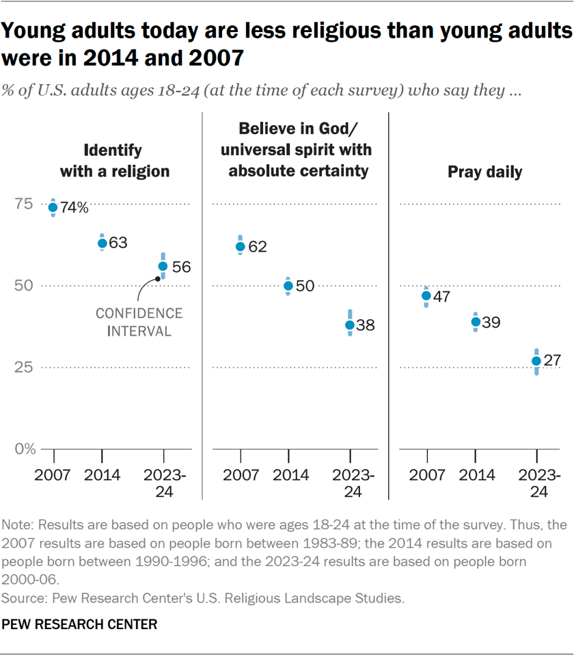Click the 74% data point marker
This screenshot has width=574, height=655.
click(53, 208)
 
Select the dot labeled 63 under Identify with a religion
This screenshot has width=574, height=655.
click(102, 243)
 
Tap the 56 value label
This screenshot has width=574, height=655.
click(181, 266)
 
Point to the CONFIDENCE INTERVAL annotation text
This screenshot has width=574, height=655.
click(139, 322)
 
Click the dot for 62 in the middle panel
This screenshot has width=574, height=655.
click(240, 247)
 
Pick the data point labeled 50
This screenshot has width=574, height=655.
click(288, 286)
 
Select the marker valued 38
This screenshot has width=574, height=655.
click(350, 325)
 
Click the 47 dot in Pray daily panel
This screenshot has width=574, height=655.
click(426, 296)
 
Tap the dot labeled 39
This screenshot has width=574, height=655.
click(476, 321)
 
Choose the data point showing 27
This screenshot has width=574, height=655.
click(536, 361)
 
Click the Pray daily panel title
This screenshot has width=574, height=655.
click(485, 172)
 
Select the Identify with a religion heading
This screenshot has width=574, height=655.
click(115, 160)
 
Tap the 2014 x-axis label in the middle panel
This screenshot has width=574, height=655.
click(288, 474)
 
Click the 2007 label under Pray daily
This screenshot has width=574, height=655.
click(426, 474)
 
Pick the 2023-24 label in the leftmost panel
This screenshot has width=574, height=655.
click(163, 482)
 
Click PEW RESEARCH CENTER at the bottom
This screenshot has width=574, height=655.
click(80, 624)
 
